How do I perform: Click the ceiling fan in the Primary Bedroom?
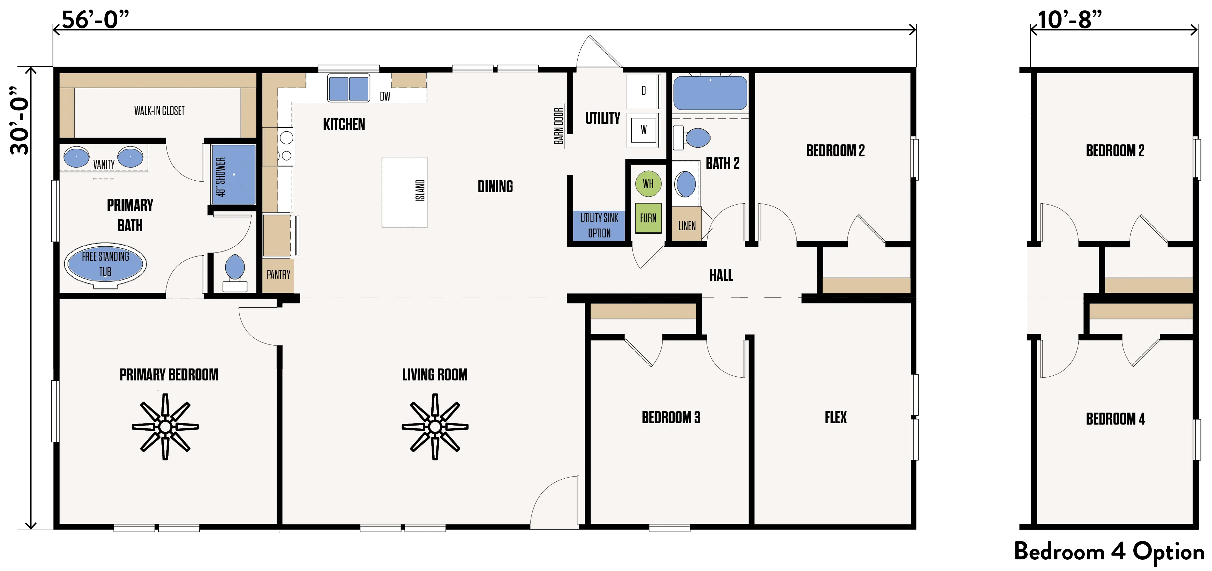(165, 427)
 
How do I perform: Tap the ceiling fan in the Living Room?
(435, 427)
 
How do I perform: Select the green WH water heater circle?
(648, 184)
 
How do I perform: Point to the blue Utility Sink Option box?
(599, 225)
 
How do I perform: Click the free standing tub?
(105, 264)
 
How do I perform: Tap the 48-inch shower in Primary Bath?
(233, 174)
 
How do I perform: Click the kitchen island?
(405, 193)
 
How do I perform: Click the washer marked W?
(643, 129)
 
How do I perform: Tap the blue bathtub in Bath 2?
(710, 93)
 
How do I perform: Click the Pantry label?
(278, 274)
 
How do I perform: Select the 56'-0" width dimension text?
(95, 20)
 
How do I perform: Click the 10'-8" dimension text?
(1069, 20)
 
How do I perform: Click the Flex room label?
(835, 417)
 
